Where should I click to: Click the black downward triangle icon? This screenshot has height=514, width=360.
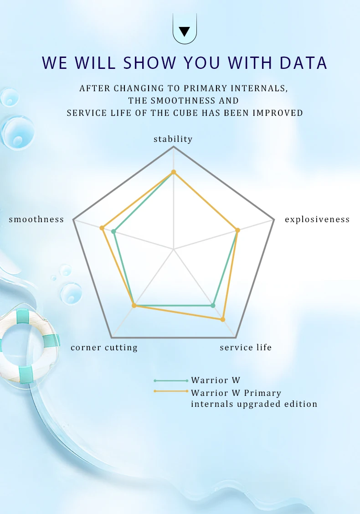pos(184,31)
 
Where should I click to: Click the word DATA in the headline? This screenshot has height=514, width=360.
pos(303,62)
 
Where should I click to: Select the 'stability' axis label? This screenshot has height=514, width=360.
pos(173,139)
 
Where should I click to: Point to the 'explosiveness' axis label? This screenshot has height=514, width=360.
pos(317,219)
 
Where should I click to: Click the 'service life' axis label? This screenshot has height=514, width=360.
pos(246,348)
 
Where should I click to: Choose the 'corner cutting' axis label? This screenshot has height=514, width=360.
pos(104,348)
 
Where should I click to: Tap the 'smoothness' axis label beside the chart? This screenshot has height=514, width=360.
pos(36,219)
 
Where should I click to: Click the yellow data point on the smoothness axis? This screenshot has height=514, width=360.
pos(102,228)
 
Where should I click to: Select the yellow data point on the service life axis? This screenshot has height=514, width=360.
pos(223,319)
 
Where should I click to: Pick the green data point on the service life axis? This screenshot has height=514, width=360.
pos(212,305)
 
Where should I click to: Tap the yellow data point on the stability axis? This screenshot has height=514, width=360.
pos(173,172)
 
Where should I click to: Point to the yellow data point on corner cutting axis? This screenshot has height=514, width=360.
pos(134,305)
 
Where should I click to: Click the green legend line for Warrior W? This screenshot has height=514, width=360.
pos(171,380)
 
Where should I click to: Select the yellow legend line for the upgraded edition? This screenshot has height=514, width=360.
pos(171,391)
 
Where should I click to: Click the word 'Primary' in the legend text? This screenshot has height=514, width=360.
pos(262,393)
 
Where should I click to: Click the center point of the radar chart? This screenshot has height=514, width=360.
pos(173,249)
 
